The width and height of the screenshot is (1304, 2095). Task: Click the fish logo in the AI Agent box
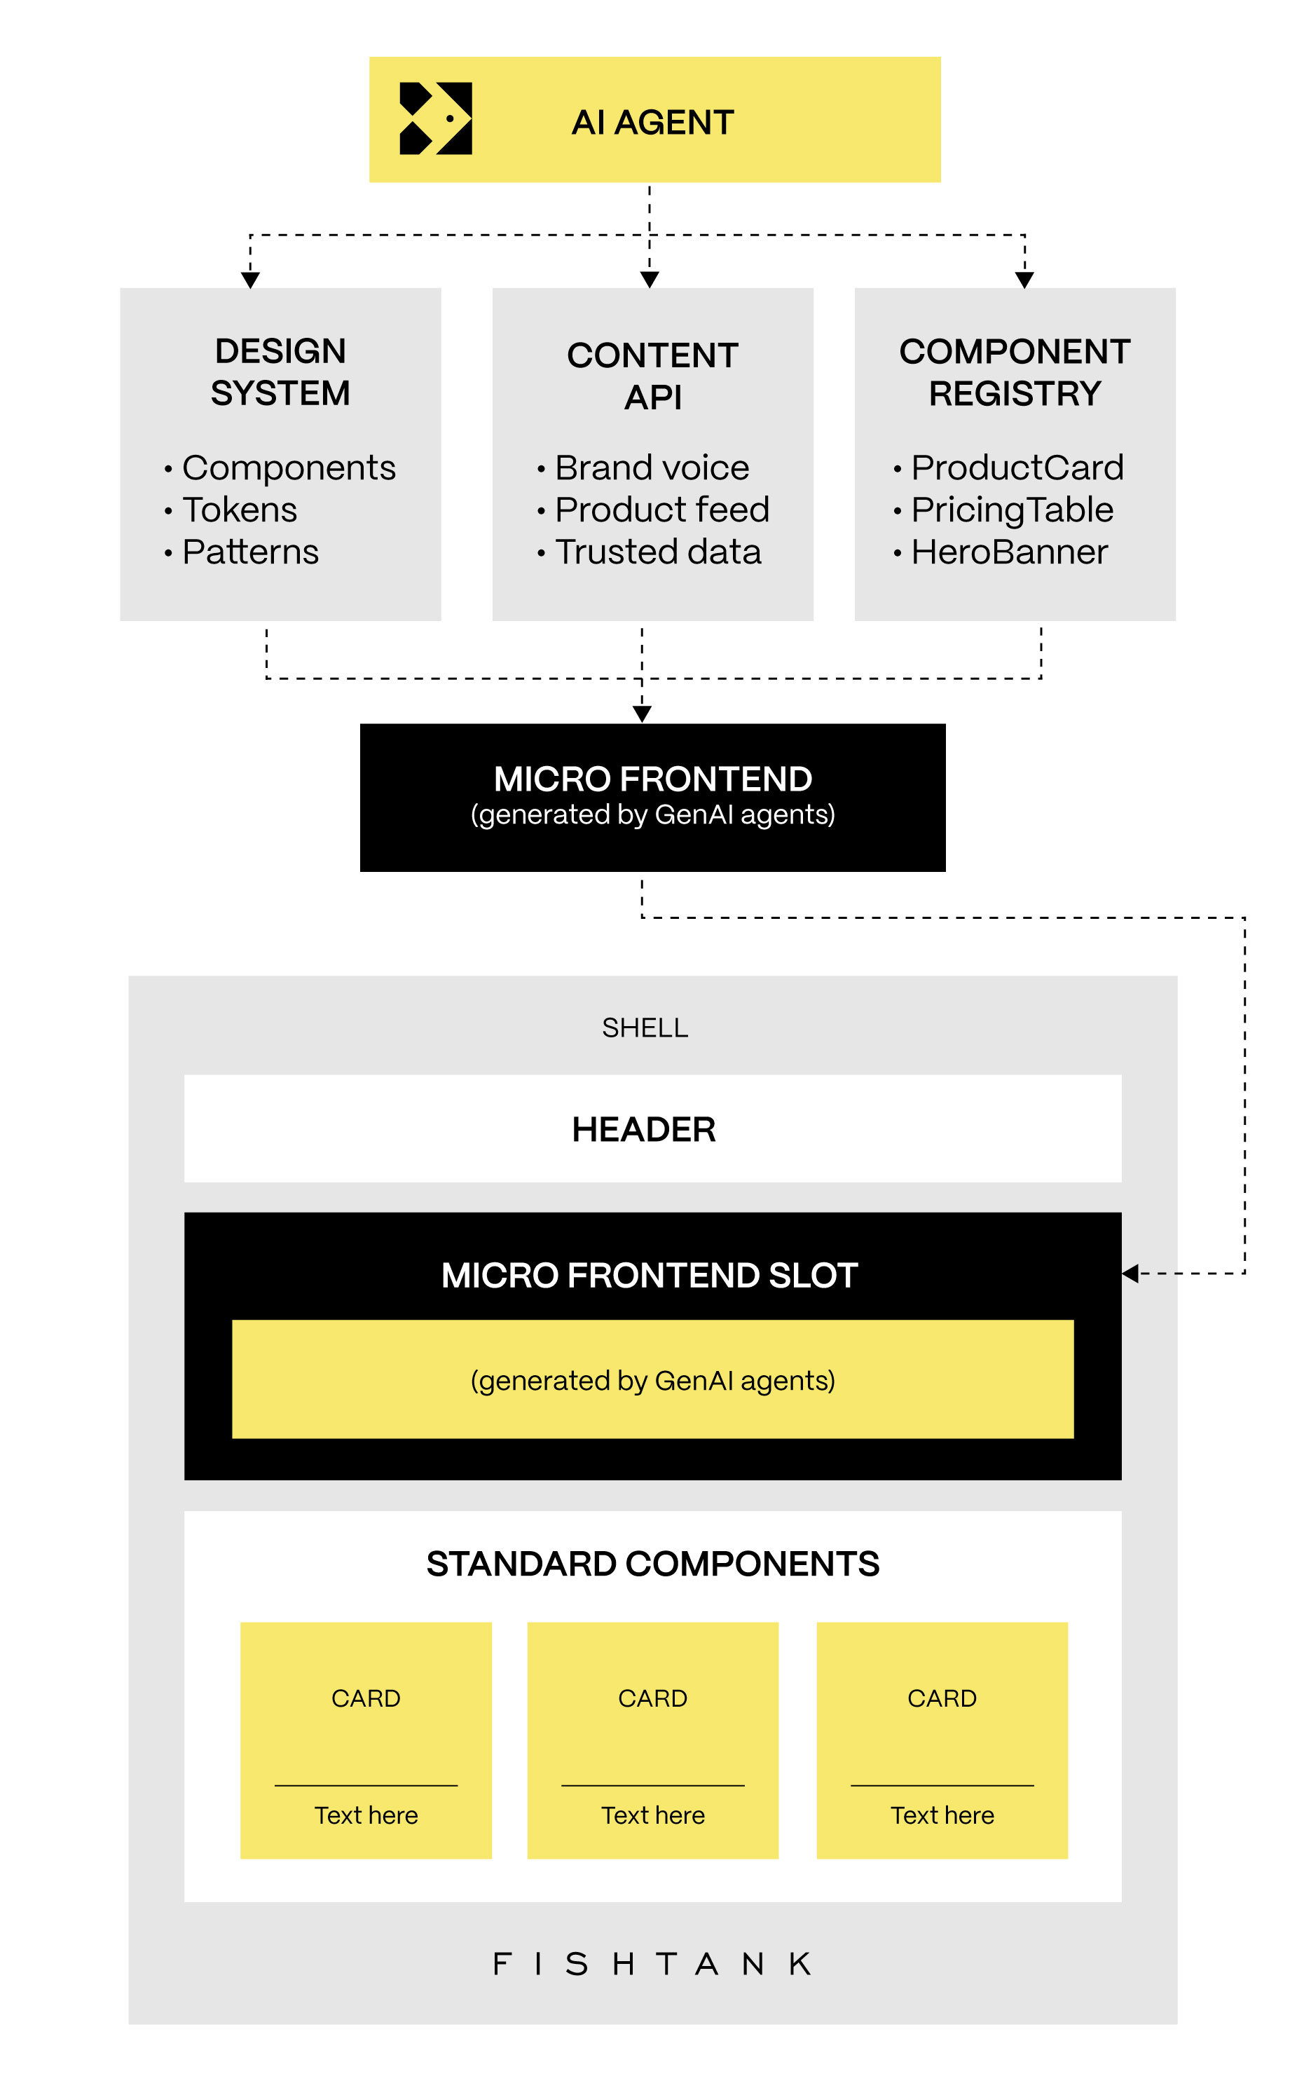(436, 119)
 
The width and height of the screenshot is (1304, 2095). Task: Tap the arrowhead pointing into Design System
(250, 280)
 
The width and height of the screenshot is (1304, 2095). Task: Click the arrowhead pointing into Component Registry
(1024, 280)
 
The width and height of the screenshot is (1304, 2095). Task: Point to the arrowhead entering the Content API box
(650, 280)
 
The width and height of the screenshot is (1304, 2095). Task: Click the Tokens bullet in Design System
(239, 510)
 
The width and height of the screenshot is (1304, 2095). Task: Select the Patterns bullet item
(250, 552)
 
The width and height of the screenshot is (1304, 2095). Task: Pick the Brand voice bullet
(651, 468)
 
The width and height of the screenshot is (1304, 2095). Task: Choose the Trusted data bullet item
(657, 552)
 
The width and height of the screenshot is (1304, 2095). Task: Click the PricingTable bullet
(1012, 510)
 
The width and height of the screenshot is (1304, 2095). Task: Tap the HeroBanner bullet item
(1009, 552)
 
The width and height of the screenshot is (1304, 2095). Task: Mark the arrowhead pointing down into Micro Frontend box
(642, 714)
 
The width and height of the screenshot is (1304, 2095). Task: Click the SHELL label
(645, 1028)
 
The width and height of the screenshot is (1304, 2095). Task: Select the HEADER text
(643, 1129)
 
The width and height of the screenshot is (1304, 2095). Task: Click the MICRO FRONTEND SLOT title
(650, 1275)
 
